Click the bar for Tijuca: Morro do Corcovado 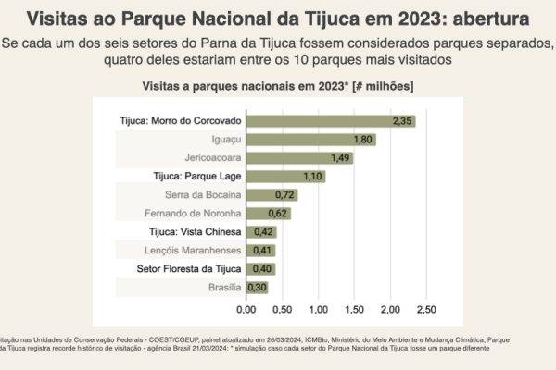[330, 121]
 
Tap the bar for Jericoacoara [299, 158]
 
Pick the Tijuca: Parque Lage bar [285, 176]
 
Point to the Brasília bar [257, 287]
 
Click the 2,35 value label [402, 121]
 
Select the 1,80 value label [363, 140]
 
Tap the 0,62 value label [279, 213]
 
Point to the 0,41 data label [264, 250]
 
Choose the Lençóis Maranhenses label [193, 250]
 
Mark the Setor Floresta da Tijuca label [190, 268]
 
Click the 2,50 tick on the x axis [427, 308]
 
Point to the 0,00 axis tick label [246, 308]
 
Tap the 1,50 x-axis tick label [355, 308]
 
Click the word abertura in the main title [488, 18]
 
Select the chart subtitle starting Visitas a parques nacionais [278, 85]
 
